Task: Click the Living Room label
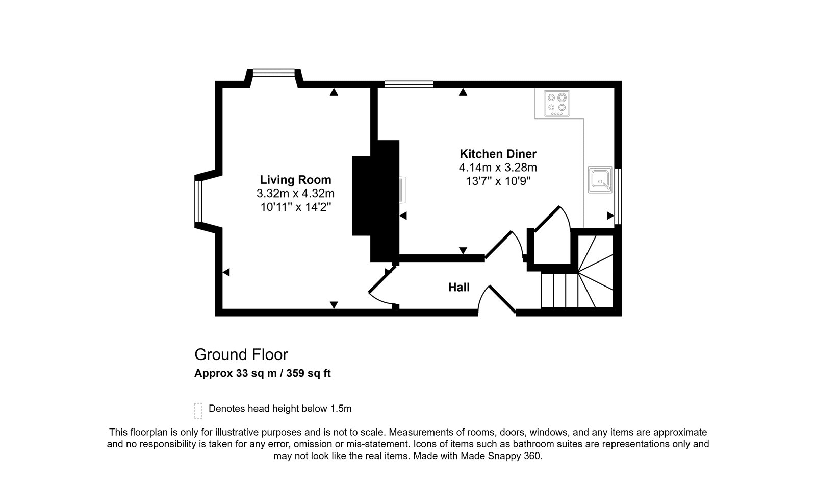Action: pos(295,180)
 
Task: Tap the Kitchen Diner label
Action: pos(498,154)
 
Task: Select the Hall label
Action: pos(458,288)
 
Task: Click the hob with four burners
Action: pos(556,104)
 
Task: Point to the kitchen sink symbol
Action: pos(600,180)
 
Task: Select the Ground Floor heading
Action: pos(241,354)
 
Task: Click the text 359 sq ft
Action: pos(309,373)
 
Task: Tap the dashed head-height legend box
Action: pos(198,411)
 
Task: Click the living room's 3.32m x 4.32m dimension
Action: pos(295,193)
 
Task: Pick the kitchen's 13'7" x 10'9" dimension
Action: pos(498,181)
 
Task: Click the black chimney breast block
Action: pos(376,201)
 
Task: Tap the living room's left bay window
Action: pos(198,201)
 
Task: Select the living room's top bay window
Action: pos(274,73)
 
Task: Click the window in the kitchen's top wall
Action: pos(409,84)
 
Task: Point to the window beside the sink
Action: pos(618,196)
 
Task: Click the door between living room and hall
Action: pos(382,287)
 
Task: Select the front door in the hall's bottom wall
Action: pos(497,300)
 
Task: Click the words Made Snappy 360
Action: pos(501,456)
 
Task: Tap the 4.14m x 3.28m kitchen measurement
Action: pos(498,168)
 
